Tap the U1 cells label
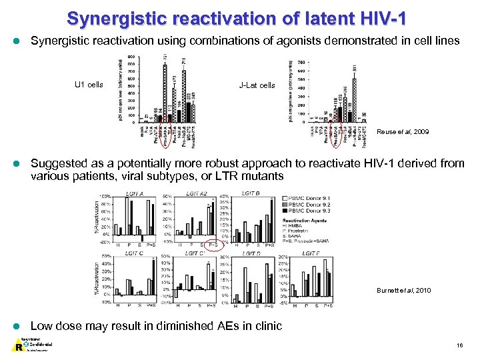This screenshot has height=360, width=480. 89,85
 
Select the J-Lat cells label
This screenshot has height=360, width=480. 257,85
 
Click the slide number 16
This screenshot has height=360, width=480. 460,345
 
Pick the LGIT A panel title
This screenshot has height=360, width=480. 135,193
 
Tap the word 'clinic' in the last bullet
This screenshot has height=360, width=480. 267,326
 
